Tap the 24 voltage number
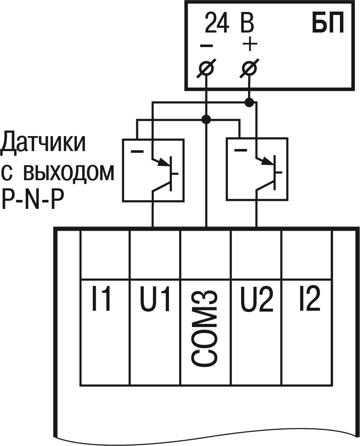tap(217, 24)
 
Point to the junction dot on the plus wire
tap(249, 102)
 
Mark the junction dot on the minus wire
tap(207, 119)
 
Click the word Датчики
tap(43, 143)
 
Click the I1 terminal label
tap(102, 300)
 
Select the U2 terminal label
tap(256, 300)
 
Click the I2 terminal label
tap(307, 300)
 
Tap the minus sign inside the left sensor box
tap(136, 151)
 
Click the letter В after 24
tap(247, 24)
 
